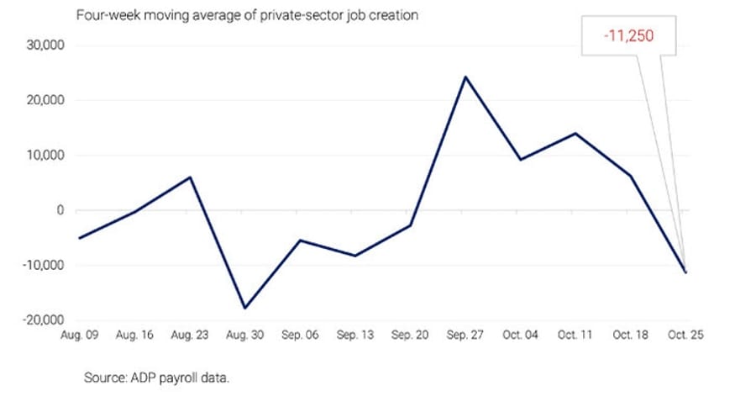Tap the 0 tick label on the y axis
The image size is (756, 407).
[60, 211]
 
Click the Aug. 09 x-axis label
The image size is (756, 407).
[80, 334]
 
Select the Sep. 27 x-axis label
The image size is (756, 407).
[465, 334]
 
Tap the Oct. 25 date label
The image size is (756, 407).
[685, 334]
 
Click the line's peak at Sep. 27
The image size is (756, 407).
[465, 77]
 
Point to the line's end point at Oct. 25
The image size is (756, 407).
[685, 272]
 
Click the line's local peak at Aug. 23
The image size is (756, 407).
[191, 177]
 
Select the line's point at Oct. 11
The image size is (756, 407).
[575, 133]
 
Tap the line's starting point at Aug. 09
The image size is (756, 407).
[80, 238]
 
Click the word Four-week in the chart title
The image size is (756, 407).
[105, 15]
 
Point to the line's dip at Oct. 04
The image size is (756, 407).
[521, 160]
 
